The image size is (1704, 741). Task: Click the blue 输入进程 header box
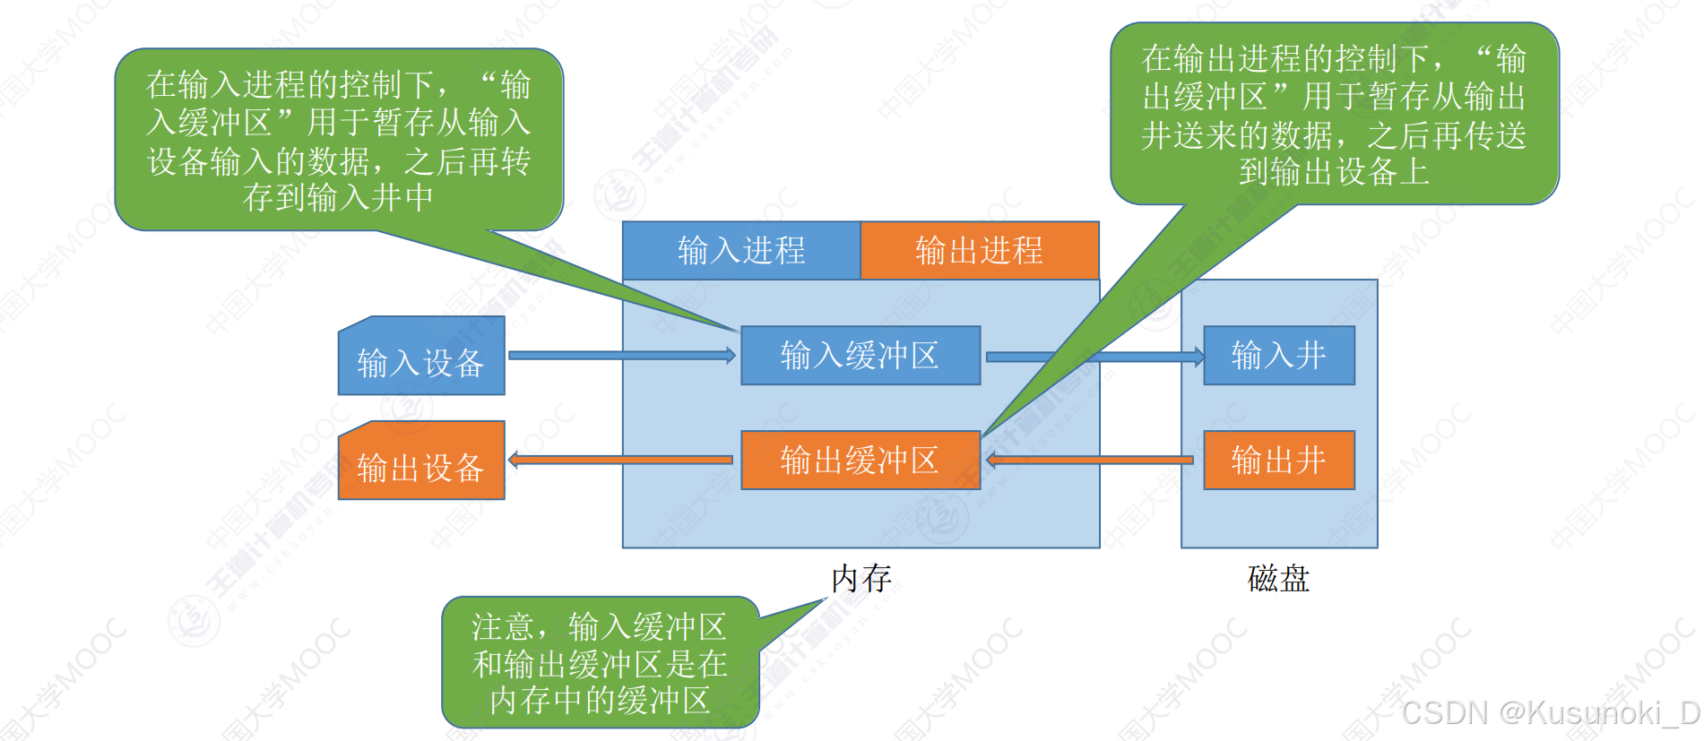pos(741,250)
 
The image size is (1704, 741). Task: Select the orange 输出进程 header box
pos(979,250)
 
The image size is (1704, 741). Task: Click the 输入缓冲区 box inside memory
pos(860,356)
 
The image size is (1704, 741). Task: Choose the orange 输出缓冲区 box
pos(860,461)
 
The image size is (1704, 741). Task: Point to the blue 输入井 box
pos(1278,356)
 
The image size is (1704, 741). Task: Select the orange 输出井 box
pos(1278,461)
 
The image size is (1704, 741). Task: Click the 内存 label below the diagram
pos(861,579)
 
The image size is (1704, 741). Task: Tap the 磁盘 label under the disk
pos(1278,579)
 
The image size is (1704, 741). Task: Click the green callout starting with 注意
pos(600,663)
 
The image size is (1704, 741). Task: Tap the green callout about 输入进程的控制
pos(338,140)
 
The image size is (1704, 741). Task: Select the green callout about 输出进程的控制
pos(1334,115)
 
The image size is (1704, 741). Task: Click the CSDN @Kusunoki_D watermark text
pos(1551,713)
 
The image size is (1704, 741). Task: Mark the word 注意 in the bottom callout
pos(503,626)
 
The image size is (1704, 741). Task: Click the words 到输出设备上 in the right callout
pos(1334,171)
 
